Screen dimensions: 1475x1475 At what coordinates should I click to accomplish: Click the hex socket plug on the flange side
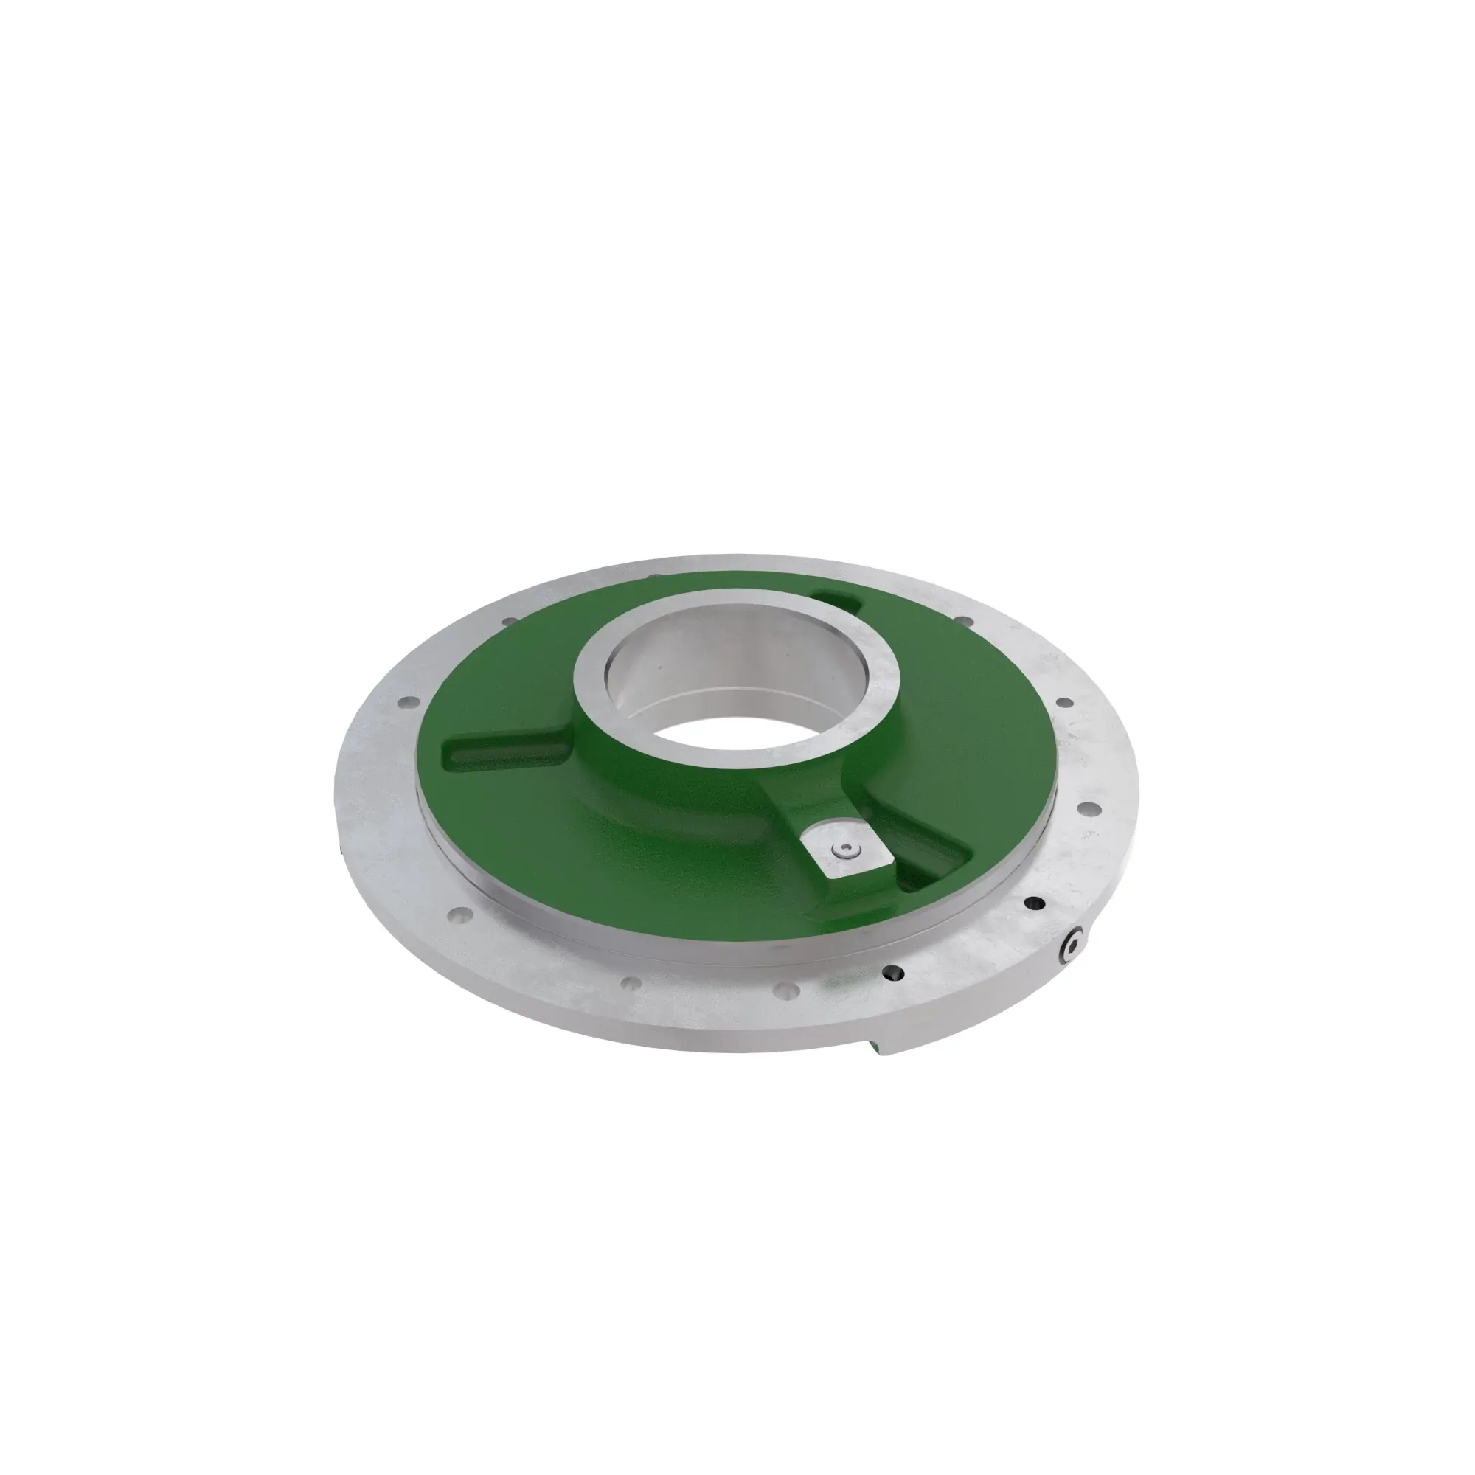click(x=1073, y=947)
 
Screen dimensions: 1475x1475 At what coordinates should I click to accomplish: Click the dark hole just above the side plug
click(x=1035, y=904)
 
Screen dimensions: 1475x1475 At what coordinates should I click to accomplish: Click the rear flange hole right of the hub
click(x=964, y=621)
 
